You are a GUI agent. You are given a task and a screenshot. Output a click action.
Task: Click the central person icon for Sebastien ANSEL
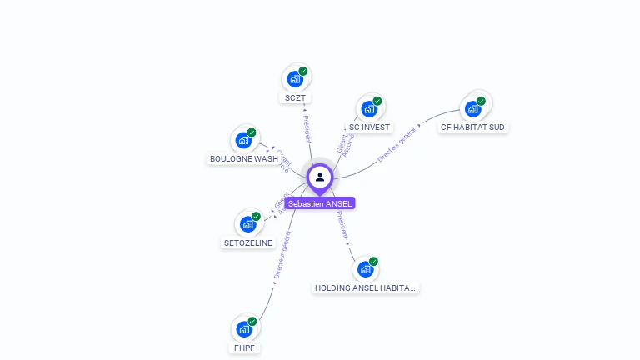pos(320,177)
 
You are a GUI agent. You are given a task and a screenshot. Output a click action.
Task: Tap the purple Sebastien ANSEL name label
pos(320,203)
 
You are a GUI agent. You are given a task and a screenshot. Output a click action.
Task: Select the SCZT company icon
pos(294,79)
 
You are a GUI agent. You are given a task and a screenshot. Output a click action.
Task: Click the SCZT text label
pos(295,97)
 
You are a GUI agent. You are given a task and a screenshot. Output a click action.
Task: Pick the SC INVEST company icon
pos(367,108)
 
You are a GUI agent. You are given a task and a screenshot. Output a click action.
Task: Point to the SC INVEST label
pos(369,127)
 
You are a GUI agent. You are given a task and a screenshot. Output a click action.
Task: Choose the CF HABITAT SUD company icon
pos(472,108)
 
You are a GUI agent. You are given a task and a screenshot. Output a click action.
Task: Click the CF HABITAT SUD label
pos(472,127)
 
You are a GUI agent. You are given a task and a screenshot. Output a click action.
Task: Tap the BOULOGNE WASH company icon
pos(243,140)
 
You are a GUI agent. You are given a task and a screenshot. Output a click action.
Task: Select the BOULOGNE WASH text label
pos(243,158)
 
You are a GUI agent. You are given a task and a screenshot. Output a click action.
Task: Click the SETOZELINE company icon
pos(247,224)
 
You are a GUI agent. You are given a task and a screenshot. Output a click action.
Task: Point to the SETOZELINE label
pos(248,243)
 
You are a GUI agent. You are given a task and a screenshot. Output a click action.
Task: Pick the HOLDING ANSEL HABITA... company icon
pos(365,269)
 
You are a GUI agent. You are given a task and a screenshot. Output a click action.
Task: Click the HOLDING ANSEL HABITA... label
pos(365,287)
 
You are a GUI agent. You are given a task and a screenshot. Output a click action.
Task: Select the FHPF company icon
pos(244,329)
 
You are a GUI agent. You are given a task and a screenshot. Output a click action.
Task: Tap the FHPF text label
pos(244,347)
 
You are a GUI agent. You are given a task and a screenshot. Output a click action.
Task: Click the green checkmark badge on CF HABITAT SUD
pos(481,101)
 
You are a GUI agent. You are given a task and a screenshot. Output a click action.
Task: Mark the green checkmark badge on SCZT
pos(303,72)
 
